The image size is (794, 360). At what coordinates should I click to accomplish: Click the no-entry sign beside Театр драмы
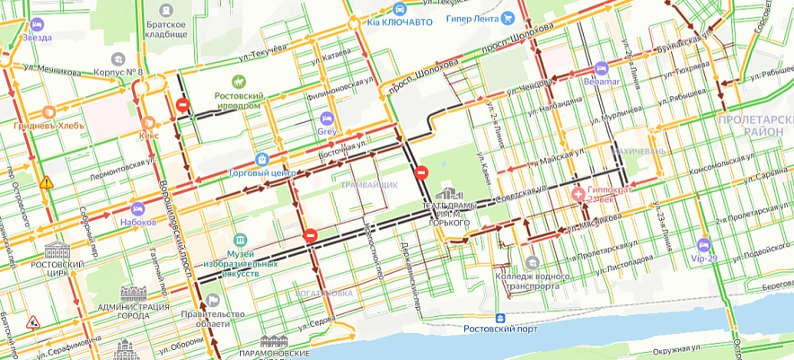pos(419,173)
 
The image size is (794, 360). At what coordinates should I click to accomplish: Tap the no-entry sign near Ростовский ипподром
pos(182,106)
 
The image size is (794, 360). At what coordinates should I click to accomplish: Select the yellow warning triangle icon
pos(46,182)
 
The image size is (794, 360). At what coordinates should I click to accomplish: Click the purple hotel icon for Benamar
pos(601,68)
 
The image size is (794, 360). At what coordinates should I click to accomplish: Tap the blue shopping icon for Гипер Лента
pos(508,17)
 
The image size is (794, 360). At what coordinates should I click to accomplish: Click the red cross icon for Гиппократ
pos(579,192)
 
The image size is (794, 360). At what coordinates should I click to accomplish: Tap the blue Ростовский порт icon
pos(499,318)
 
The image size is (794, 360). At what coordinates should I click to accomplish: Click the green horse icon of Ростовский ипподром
pos(239,82)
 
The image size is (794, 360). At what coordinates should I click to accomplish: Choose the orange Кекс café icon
pos(148,122)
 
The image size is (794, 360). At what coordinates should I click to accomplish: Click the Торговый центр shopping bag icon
pos(261,159)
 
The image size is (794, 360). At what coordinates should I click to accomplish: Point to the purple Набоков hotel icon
pos(137,207)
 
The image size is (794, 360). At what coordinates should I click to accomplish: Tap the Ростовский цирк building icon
pos(57,250)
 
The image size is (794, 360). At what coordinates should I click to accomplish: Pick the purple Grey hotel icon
pos(327,119)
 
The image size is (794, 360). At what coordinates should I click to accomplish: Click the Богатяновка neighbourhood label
pos(323,293)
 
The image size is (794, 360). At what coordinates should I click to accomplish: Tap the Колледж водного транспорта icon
pos(532,263)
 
